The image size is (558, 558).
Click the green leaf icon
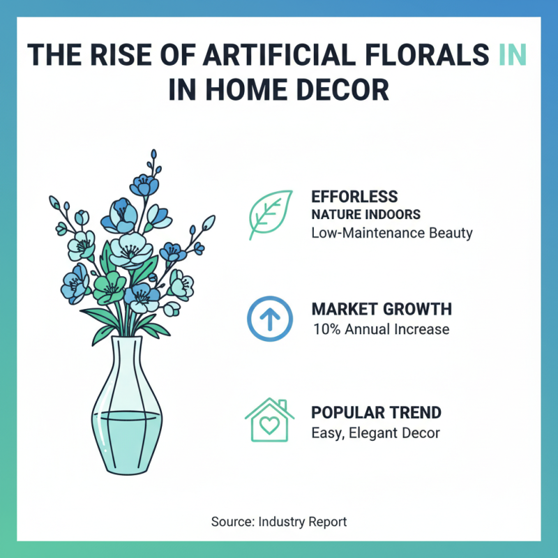(x=271, y=215)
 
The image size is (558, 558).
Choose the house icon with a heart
(x=266, y=421)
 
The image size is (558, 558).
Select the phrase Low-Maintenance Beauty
(x=391, y=232)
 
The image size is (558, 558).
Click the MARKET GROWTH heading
(x=381, y=309)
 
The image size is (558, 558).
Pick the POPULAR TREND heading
(x=376, y=412)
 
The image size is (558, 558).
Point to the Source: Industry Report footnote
(x=279, y=522)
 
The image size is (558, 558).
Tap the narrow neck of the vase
(x=129, y=349)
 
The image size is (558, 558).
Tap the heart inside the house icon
(x=266, y=425)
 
